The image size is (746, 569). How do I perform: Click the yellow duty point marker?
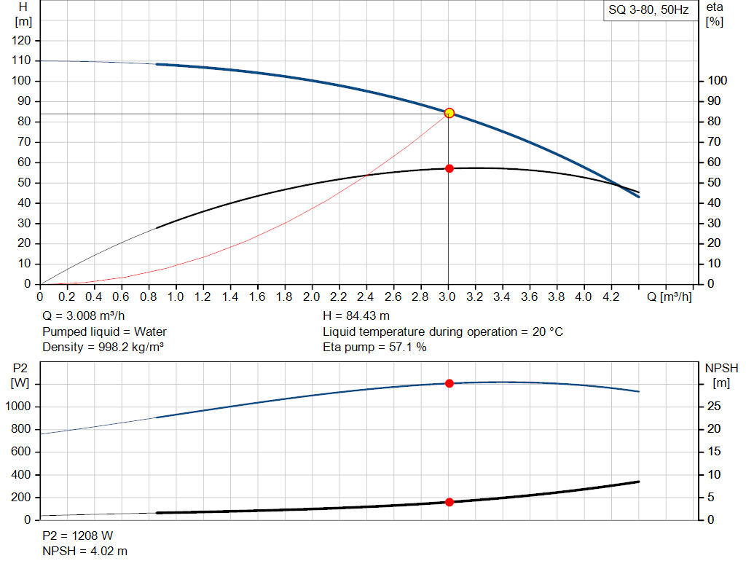pos(449,113)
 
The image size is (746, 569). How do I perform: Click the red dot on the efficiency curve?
pos(449,168)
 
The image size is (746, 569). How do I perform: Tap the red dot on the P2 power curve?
pos(449,383)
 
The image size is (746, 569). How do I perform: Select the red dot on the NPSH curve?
pos(449,502)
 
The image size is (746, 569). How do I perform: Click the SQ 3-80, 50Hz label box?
pos(648,11)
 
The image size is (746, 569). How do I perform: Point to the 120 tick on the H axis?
pos(22,40)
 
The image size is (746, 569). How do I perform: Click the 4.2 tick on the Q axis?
pos(610,297)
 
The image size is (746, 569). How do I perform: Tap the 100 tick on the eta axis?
pos(718,81)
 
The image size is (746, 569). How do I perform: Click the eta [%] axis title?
pos(714,14)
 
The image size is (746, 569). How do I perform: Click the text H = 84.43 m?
pos(356,316)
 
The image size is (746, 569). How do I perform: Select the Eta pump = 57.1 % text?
pos(374,347)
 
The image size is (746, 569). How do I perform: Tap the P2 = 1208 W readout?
pos(77,535)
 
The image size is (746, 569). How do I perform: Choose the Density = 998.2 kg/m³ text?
pos(103,347)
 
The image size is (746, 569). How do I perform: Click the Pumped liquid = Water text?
pos(104,331)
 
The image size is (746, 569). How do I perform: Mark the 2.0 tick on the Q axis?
pos(312,297)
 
